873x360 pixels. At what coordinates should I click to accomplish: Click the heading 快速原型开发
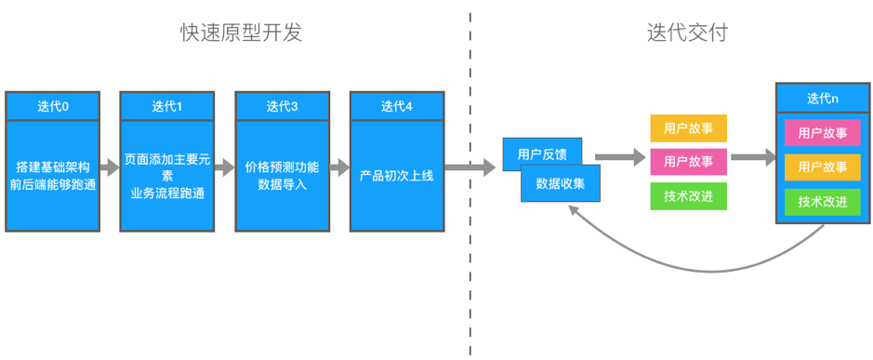[x=241, y=33]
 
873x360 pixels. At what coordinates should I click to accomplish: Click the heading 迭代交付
[x=686, y=33]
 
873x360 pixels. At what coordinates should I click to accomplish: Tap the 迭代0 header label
[x=52, y=106]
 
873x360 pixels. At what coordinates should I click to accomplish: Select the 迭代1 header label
[x=166, y=106]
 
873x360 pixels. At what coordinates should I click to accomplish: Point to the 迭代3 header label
[x=282, y=106]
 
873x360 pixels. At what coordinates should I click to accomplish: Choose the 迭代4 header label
[x=396, y=106]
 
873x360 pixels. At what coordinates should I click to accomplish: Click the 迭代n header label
[x=822, y=98]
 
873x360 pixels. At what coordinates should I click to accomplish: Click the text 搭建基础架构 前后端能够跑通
[x=52, y=176]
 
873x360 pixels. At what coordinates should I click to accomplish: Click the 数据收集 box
[x=561, y=183]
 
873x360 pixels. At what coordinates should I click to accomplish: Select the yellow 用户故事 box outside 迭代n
[x=688, y=127]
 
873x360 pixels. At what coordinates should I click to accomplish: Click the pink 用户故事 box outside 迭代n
[x=688, y=162]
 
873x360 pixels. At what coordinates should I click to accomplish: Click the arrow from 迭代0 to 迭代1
[x=109, y=168]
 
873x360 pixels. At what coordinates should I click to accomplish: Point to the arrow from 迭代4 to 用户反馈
[x=470, y=168]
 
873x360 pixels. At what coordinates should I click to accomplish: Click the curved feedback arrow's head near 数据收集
[x=574, y=212]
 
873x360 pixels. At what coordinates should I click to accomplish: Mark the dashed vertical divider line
[x=470, y=279]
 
